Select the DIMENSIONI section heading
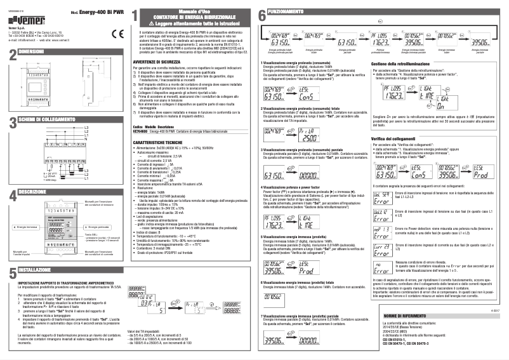(x=31, y=50)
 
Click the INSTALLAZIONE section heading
(x=35, y=270)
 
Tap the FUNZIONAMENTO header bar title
(x=281, y=12)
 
